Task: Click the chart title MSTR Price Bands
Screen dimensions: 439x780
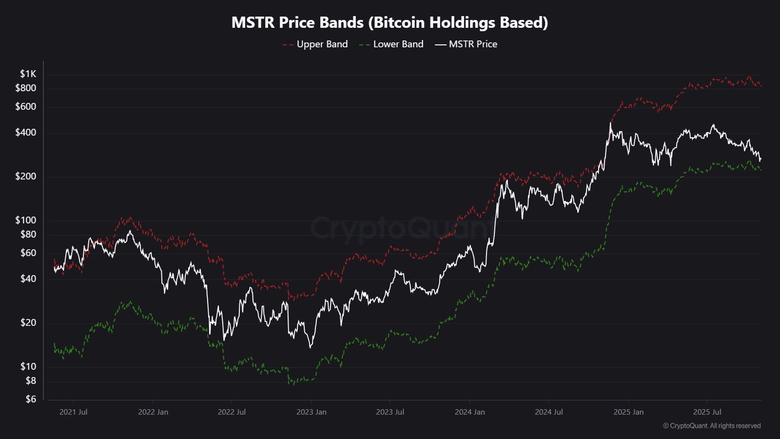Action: [390, 22]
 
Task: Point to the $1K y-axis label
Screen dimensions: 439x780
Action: [28, 74]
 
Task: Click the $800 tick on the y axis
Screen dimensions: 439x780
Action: [25, 88]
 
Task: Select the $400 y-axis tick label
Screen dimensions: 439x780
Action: [25, 133]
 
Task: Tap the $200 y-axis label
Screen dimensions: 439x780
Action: [25, 177]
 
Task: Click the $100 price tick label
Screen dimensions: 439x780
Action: [25, 220]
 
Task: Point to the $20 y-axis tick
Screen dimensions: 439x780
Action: [28, 323]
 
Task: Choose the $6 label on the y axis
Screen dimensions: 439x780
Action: [31, 399]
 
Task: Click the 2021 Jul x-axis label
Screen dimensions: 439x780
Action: [73, 412]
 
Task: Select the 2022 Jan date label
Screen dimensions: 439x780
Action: [153, 412]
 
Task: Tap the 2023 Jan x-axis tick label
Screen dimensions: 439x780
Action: [312, 412]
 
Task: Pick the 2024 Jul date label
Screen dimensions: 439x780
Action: [549, 412]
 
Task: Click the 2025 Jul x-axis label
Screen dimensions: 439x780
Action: [707, 412]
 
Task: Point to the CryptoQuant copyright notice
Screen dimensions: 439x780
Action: [712, 426]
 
